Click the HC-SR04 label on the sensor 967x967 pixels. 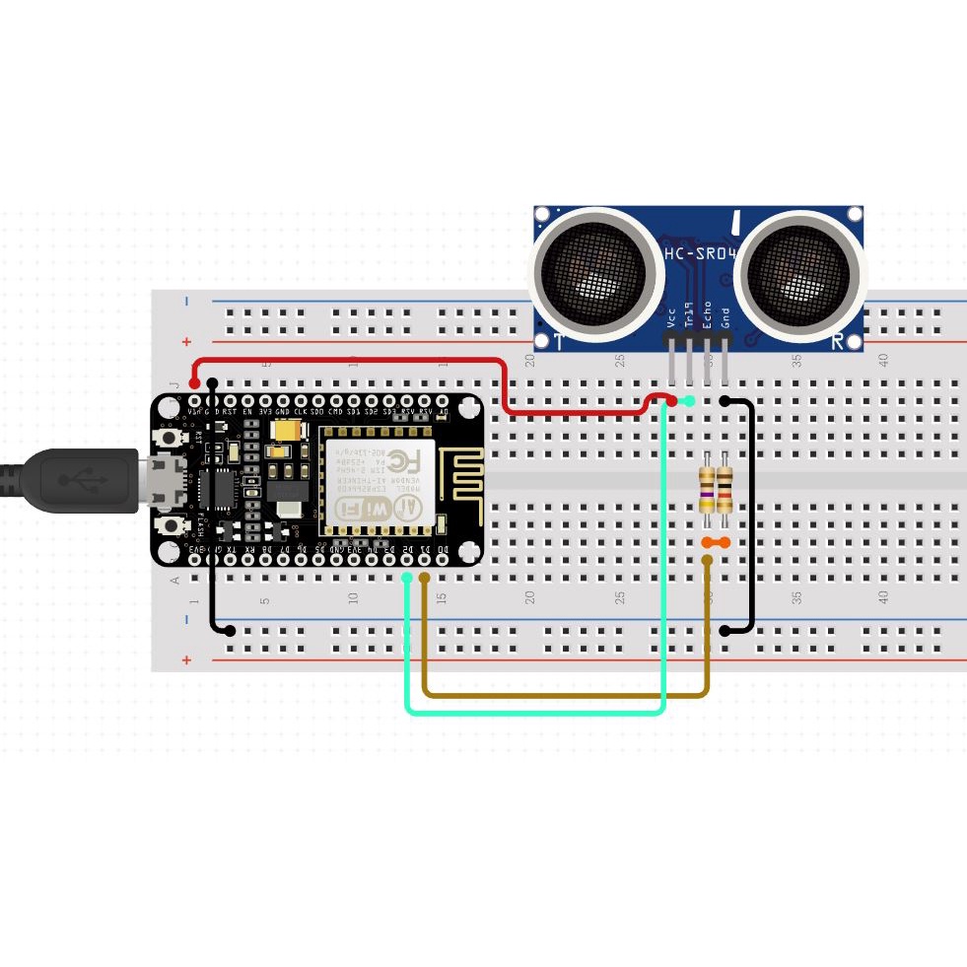[700, 254]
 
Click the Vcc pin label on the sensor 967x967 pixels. [671, 319]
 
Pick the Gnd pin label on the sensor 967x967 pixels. [725, 317]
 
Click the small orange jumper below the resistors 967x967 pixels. [716, 543]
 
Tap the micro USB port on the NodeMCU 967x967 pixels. [165, 478]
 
